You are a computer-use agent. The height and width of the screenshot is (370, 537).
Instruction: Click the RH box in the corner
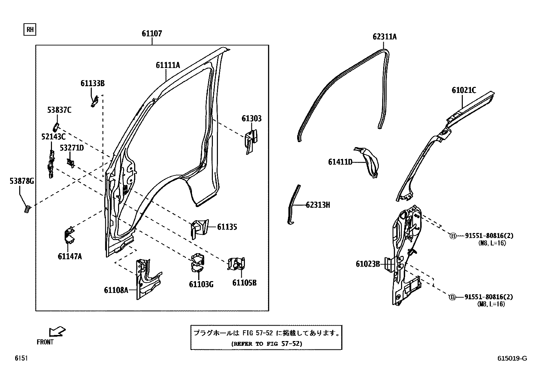click(x=30, y=30)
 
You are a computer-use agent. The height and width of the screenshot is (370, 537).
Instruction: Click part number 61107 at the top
click(x=151, y=34)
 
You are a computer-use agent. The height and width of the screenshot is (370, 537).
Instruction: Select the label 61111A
click(x=168, y=65)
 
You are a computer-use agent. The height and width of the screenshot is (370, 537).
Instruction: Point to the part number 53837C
click(x=59, y=110)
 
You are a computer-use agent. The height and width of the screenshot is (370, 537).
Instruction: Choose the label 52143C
click(x=53, y=137)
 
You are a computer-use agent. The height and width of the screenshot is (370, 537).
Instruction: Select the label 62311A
click(x=385, y=37)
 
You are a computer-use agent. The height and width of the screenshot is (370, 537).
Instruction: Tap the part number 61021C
click(x=464, y=90)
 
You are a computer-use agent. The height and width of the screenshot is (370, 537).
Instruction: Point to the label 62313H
click(x=318, y=205)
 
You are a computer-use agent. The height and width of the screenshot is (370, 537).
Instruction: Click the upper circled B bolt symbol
click(x=453, y=236)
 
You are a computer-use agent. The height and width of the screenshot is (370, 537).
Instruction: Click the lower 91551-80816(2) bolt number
click(x=488, y=297)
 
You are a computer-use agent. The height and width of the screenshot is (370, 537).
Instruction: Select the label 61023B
click(x=368, y=264)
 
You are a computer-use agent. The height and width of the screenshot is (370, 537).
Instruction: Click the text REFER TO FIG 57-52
click(x=266, y=344)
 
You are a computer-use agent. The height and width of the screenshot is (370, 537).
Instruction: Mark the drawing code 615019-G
click(x=512, y=358)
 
